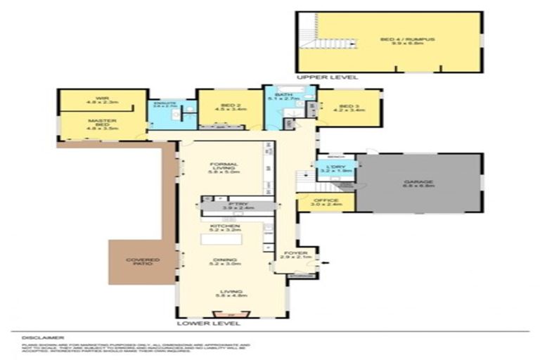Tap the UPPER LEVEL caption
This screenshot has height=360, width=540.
coord(327,77)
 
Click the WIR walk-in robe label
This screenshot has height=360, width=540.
coord(102,100)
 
